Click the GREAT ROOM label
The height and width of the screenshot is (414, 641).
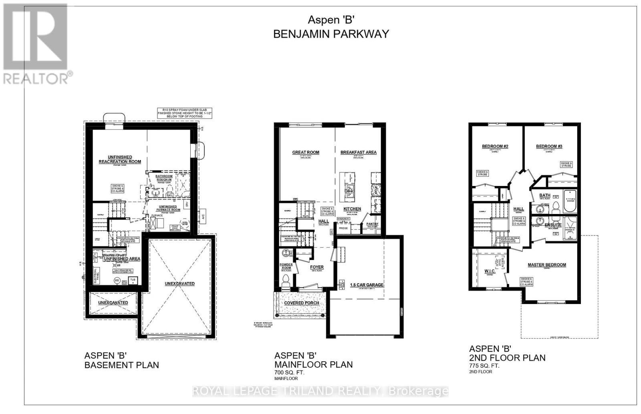pos(306,152)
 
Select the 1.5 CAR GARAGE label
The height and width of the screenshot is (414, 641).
pos(367,285)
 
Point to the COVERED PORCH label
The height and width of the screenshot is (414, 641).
pos(302,303)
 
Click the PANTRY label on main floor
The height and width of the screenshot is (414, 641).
pos(373,224)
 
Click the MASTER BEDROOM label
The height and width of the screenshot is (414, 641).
pos(546,265)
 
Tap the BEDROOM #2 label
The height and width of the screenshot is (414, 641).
pos(495,146)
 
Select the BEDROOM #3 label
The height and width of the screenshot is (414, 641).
pos(549,146)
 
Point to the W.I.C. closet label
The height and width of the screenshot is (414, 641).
pos(490,271)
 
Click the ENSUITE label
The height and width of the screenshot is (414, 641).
pos(553,225)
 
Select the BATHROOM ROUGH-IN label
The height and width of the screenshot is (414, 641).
pos(164,178)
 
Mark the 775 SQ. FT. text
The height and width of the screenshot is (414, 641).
pos(484,366)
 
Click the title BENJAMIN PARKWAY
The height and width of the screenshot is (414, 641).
pos(331,34)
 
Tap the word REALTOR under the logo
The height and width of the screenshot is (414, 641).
pos(36,78)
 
